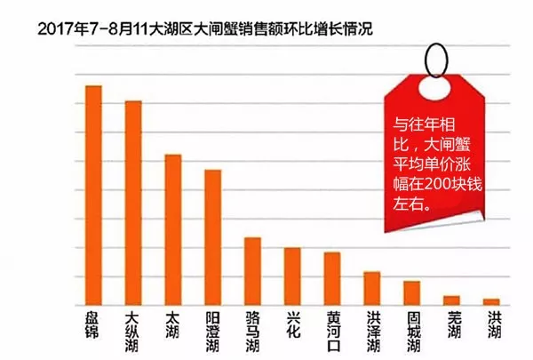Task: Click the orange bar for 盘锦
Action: coord(93,196)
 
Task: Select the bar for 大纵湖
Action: coord(133,204)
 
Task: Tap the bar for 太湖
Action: coord(173,230)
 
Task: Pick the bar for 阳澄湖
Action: coord(213,237)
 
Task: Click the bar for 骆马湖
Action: coord(253,271)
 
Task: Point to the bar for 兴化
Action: coord(292,276)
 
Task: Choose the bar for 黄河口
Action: coord(332,279)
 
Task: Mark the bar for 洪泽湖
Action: coord(372,288)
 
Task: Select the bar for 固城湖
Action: coord(411,293)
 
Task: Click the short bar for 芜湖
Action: coord(451,300)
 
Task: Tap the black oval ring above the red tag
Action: coord(436,59)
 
